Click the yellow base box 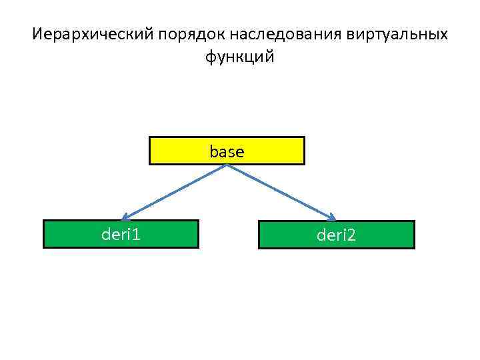click(180, 151)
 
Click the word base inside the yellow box click(227, 152)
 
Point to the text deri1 click(121, 234)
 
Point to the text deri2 click(336, 235)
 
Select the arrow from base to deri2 click(280, 191)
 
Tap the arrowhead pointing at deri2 click(331, 216)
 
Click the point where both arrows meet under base click(228, 165)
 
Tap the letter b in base click(213, 152)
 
